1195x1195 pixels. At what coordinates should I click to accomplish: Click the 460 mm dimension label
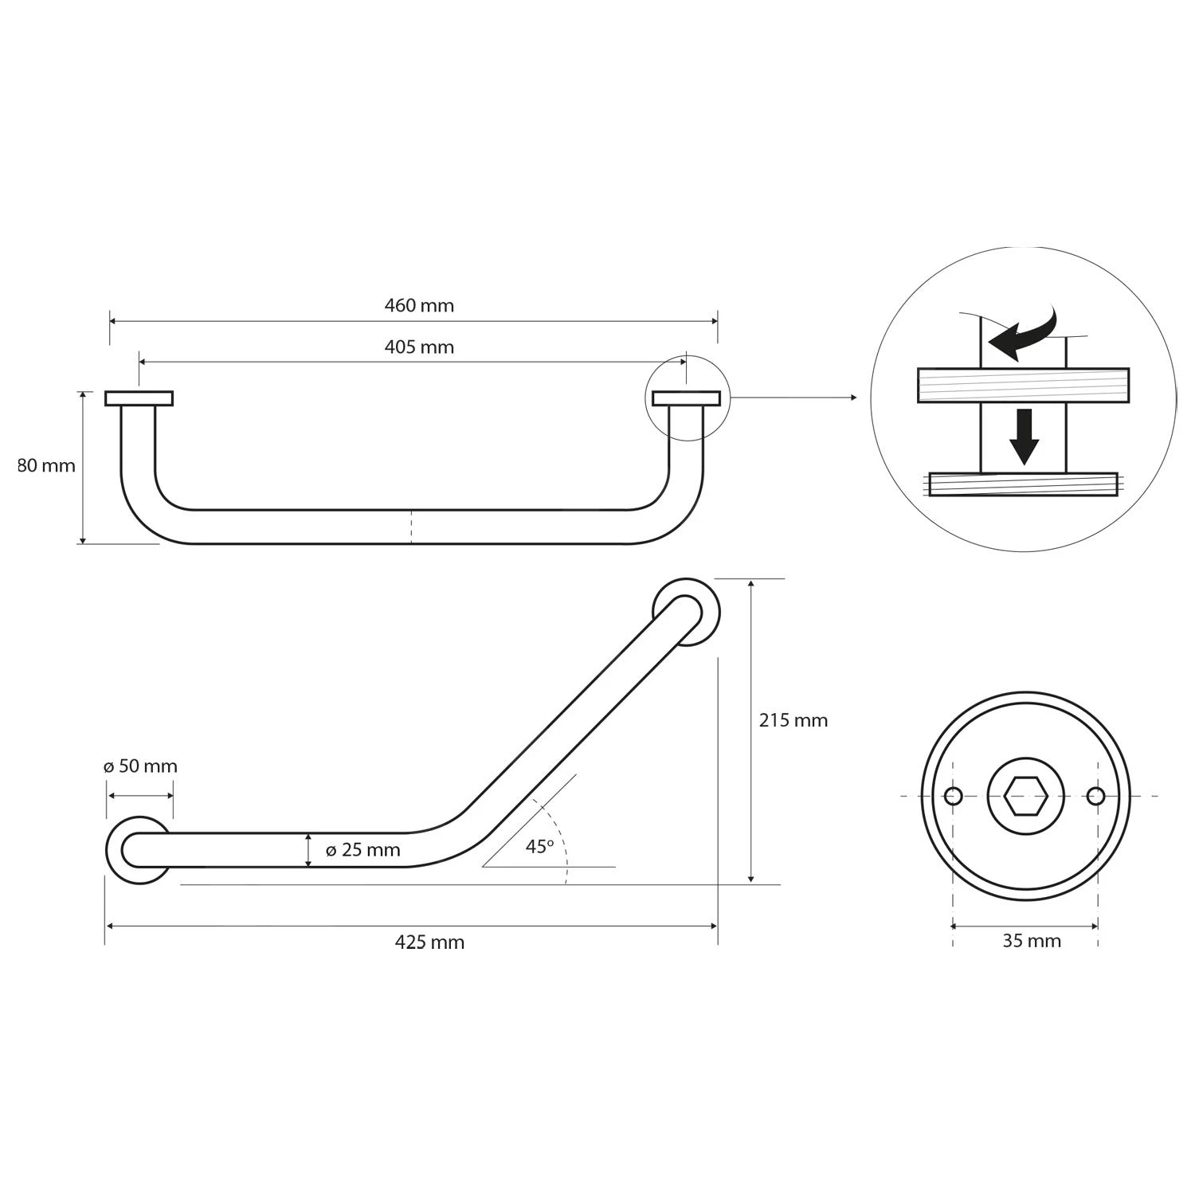point(419,305)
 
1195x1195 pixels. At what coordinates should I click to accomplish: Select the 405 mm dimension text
point(419,347)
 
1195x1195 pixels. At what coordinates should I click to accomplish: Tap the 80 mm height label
point(46,466)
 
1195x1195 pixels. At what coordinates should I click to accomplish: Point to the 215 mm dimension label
point(793,720)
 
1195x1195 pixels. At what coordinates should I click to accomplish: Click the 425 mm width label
point(429,942)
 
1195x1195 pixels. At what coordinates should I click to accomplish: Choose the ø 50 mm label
point(140,766)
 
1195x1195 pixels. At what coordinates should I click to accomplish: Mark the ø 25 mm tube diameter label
point(362,850)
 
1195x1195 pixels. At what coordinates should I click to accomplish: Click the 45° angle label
point(539,847)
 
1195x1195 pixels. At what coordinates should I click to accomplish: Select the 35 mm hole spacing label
point(1031,941)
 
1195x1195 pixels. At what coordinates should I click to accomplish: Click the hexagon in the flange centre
point(1025,796)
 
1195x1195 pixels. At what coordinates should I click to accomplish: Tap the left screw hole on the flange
point(953,796)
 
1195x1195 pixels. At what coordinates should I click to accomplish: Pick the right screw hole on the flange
point(1096,796)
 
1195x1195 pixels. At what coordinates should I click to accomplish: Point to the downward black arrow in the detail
point(1024,437)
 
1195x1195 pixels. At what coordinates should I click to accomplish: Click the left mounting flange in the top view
point(139,398)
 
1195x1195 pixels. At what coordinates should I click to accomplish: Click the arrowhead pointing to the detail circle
point(853,398)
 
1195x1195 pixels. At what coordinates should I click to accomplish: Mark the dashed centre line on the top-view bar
point(411,527)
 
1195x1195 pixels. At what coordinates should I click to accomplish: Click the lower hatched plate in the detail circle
point(1023,484)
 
